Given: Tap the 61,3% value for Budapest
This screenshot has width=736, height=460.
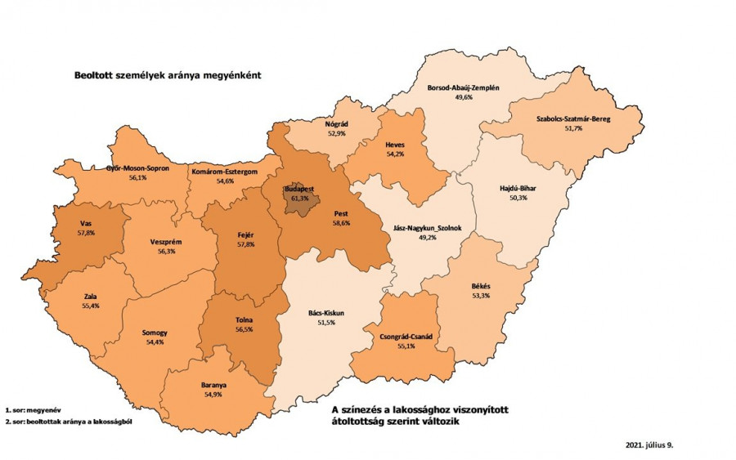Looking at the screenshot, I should click(299, 197).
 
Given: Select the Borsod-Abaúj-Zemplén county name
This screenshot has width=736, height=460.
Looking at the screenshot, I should click(464, 87).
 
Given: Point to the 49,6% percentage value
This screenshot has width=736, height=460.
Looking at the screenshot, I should click(464, 97).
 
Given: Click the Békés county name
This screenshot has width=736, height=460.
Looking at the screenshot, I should click(481, 286).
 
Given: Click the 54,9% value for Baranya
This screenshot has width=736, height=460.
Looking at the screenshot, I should click(213, 395).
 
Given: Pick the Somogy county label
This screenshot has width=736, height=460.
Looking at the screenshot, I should click(154, 333).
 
